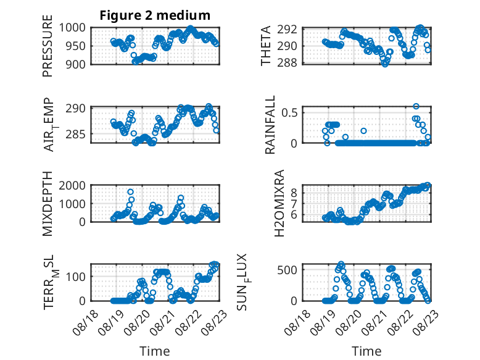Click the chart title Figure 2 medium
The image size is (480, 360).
(155, 15)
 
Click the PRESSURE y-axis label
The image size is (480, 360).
(48, 46)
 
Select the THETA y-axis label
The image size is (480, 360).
(266, 46)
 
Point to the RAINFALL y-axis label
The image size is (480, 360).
(270, 125)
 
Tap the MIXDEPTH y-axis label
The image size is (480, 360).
(48, 204)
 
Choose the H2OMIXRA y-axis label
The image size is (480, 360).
(279, 203)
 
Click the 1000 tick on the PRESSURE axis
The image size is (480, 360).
(72, 28)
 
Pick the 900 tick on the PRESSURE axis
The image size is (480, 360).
(75, 64)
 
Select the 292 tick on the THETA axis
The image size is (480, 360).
(287, 30)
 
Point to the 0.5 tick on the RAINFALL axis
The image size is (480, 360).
(289, 112)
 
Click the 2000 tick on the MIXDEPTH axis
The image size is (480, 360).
(72, 185)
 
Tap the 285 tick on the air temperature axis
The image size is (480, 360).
(75, 134)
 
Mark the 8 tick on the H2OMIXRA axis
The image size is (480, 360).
(294, 193)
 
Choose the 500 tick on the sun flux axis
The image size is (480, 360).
(287, 270)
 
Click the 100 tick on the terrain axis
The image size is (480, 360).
(75, 277)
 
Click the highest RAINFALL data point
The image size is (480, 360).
(416, 106)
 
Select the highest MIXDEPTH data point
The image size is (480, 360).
(130, 192)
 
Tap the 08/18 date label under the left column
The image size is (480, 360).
(86, 322)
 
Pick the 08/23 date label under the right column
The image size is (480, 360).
(426, 322)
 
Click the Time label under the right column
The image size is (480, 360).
(366, 351)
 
